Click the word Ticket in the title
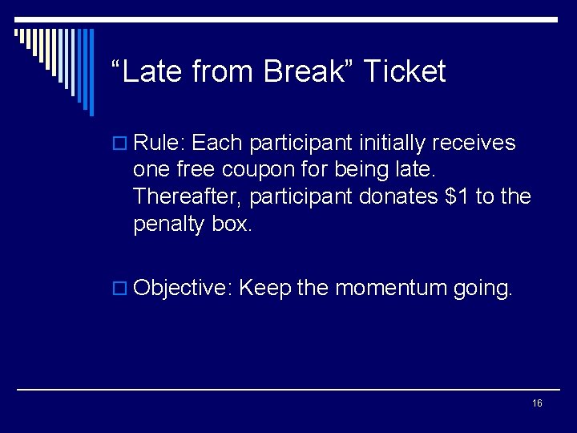404,72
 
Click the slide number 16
537,403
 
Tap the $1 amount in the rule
458,196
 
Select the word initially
391,144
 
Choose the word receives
475,144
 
